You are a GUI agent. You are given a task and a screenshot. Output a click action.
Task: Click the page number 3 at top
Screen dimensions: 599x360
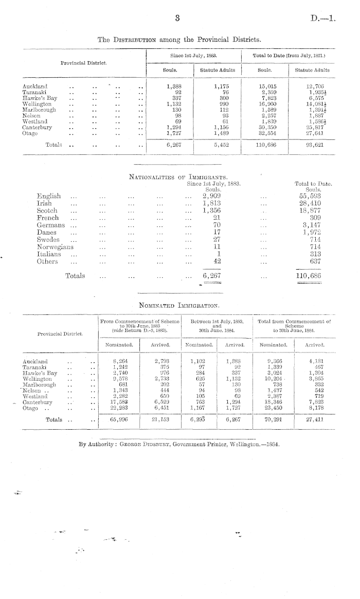pos(177,19)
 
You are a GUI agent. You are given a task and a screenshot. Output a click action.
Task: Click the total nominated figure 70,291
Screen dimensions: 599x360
pos(269,419)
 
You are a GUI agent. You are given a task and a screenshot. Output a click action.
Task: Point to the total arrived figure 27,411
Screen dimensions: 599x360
pos(317,419)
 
